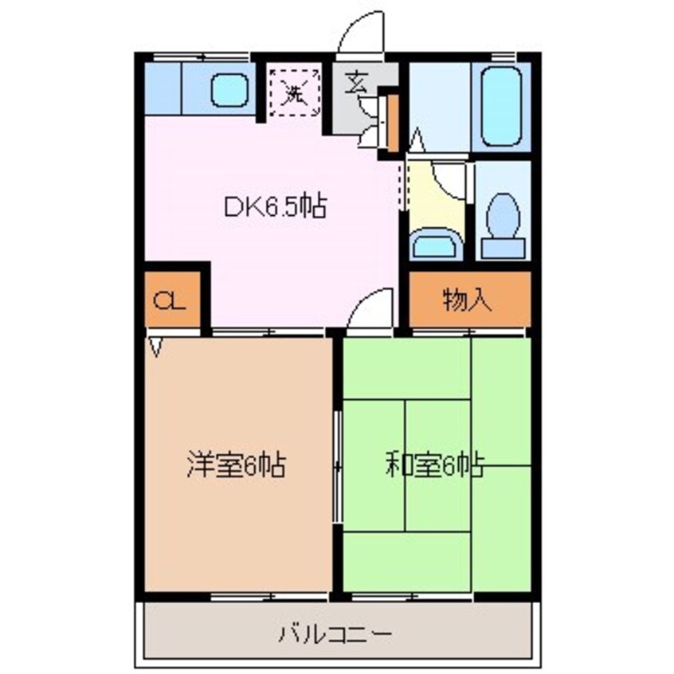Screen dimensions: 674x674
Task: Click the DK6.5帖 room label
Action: [273, 209]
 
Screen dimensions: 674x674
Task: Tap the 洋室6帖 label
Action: [237, 464]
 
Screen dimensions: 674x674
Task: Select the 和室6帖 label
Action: [435, 466]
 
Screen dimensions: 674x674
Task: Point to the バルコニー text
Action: [335, 635]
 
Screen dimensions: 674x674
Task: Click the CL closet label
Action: [170, 301]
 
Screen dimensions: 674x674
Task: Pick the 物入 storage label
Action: [468, 301]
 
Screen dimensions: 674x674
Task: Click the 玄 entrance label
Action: [355, 84]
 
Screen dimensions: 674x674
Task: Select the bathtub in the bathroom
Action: [501, 106]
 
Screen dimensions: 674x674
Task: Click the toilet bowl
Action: [503, 219]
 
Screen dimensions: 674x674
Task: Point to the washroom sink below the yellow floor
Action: [435, 243]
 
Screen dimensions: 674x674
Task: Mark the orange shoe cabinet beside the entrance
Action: [392, 123]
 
